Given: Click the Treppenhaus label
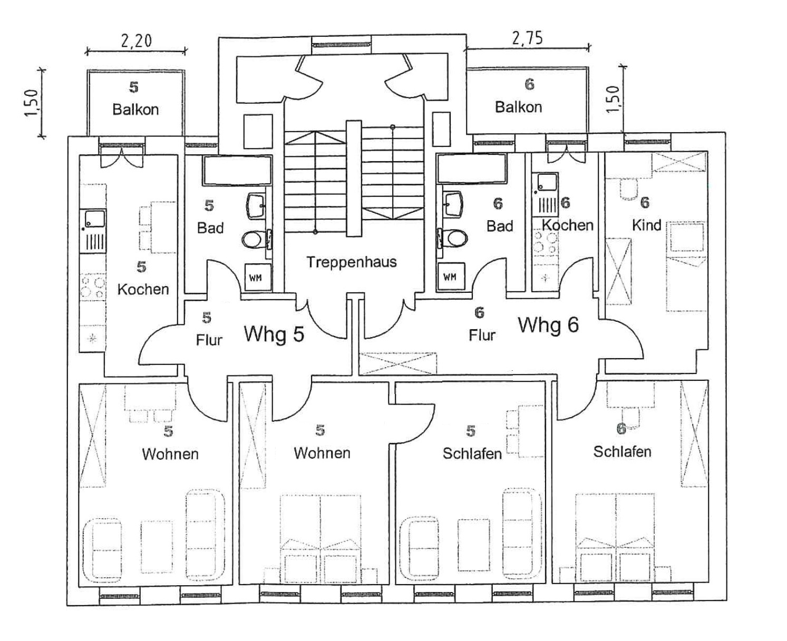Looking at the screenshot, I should pyautogui.click(x=351, y=262).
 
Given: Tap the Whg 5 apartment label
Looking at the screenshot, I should pyautogui.click(x=274, y=334).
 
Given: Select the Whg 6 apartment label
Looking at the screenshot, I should pyautogui.click(x=548, y=324).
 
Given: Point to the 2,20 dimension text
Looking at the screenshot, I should pyautogui.click(x=136, y=41).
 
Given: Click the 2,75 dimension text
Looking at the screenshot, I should pyautogui.click(x=527, y=38).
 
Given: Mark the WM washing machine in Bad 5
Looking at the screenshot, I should pyautogui.click(x=256, y=278).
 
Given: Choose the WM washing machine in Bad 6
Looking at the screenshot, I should pyautogui.click(x=450, y=277).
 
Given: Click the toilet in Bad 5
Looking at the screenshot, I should pyautogui.click(x=254, y=240).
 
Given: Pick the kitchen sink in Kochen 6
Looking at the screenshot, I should pyautogui.click(x=547, y=182).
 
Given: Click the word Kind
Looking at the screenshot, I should pyautogui.click(x=646, y=225).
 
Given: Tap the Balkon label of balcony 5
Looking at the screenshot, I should pyautogui.click(x=135, y=110).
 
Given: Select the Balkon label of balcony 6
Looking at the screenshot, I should pyautogui.click(x=518, y=107).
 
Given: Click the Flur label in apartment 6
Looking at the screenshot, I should pyautogui.click(x=482, y=335).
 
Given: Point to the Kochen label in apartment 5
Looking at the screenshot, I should pyautogui.click(x=143, y=289).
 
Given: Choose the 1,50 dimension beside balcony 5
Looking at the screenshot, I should pyautogui.click(x=32, y=103).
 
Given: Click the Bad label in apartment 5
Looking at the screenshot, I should pyautogui.click(x=210, y=228).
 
